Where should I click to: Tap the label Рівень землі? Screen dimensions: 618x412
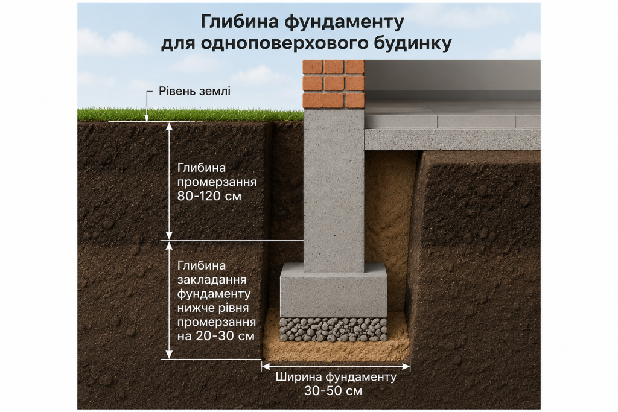pyautogui.click(x=194, y=91)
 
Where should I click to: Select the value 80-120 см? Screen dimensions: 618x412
pyautogui.click(x=209, y=196)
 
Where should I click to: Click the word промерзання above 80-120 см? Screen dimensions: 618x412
pyautogui.click(x=217, y=182)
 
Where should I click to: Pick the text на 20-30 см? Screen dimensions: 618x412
pyautogui.click(x=215, y=336)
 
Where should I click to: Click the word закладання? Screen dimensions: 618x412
pyautogui.click(x=212, y=280)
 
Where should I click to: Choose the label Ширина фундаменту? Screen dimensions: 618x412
pyautogui.click(x=336, y=377)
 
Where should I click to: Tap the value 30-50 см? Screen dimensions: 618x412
pyautogui.click(x=333, y=391)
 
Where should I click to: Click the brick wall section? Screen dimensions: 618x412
pyautogui.click(x=333, y=84)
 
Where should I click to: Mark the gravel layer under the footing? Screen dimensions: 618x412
pyautogui.click(x=333, y=329)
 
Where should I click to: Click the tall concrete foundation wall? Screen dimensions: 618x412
pyautogui.click(x=334, y=191)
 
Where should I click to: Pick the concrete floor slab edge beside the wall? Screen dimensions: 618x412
pyautogui.click(x=452, y=139)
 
